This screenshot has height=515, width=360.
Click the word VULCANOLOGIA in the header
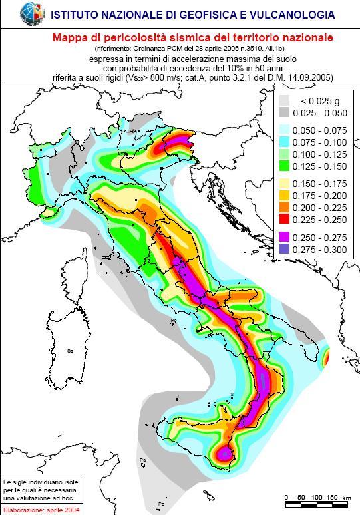(298, 13)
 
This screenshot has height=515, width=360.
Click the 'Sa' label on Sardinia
(69, 350)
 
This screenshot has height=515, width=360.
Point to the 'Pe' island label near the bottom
(160, 503)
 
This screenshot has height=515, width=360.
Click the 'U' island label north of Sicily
(176, 397)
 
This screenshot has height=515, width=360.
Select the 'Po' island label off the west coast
(174, 321)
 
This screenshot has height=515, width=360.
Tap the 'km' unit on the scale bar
(347, 498)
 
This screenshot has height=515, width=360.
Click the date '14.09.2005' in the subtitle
(311, 78)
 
